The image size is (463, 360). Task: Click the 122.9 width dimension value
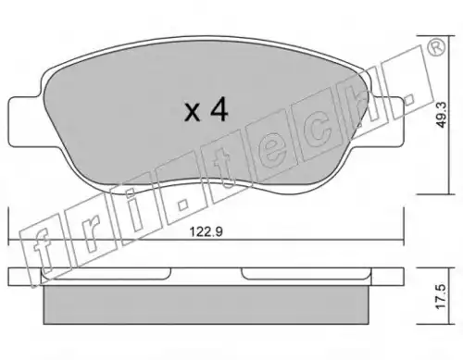pyautogui.click(x=206, y=231)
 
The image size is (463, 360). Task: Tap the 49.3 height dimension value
pyautogui.click(x=442, y=115)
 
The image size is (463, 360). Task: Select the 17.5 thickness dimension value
pyautogui.click(x=442, y=296)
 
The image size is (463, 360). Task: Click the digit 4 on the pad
pyautogui.click(x=219, y=110)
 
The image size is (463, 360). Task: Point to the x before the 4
pyautogui.click(x=193, y=113)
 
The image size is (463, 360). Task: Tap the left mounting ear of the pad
pyautogui.click(x=25, y=121)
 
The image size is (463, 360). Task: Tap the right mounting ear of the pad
pyautogui.click(x=387, y=121)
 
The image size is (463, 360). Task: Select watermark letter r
pyautogui.click(x=90, y=234)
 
